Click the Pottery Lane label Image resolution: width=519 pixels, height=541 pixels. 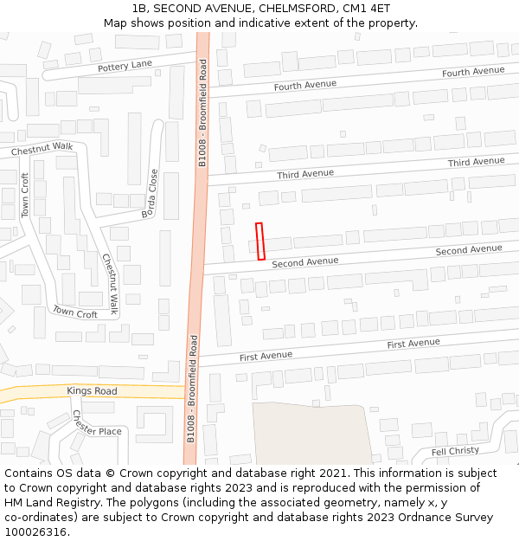[125, 66]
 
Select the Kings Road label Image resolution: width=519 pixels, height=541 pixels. [92, 391]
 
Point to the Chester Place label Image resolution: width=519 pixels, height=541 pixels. [97, 425]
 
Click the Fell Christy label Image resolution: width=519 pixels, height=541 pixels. [455, 451]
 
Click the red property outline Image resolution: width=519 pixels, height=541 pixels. [259, 241]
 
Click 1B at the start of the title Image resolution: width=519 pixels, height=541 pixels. [139, 9]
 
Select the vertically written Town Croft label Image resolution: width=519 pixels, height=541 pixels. [25, 195]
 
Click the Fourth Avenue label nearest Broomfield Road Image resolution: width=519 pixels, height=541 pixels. [304, 85]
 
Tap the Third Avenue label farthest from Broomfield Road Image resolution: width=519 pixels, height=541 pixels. [476, 162]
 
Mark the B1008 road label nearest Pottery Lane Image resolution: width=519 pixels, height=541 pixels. [202, 113]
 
